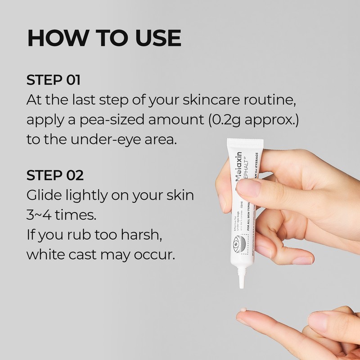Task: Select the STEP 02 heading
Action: [55, 175]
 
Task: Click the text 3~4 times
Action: [61, 215]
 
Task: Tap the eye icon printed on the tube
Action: [238, 245]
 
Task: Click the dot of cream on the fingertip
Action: [243, 310]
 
